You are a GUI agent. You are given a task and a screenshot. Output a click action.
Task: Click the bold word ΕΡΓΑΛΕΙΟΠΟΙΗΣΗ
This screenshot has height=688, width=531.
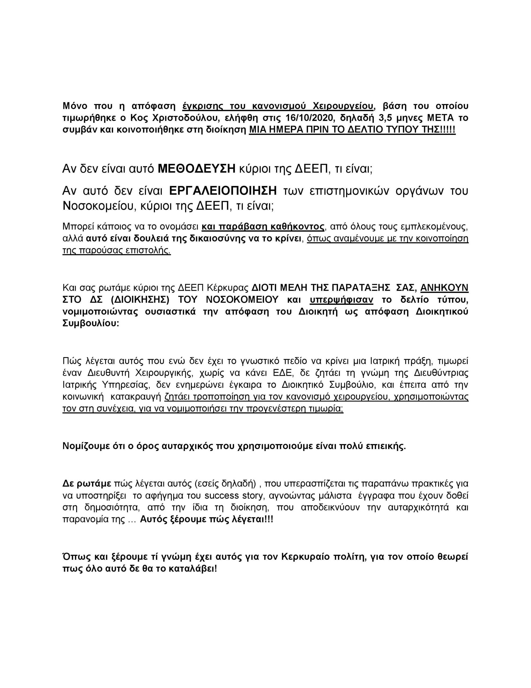coord(223,191)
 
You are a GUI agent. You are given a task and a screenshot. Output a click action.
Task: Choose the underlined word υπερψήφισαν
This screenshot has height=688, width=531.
coord(341,300)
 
